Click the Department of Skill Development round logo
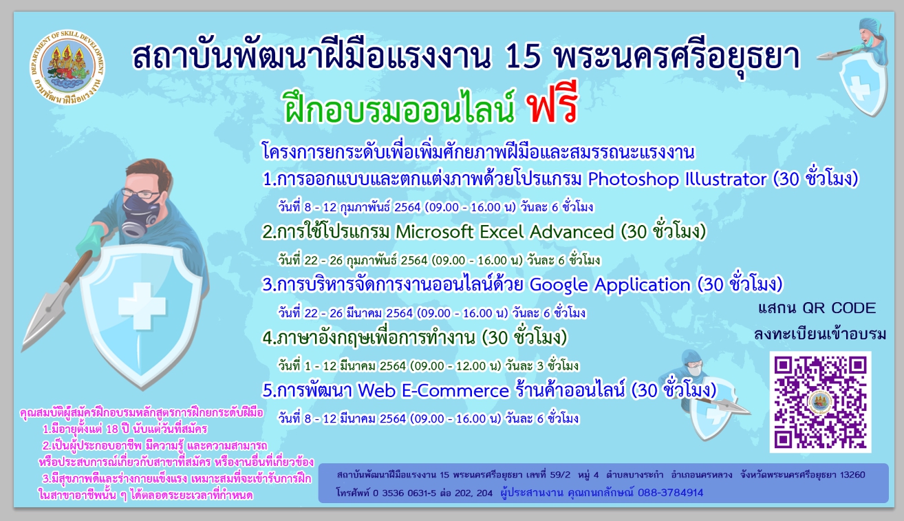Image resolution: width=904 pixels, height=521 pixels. [x=67, y=67]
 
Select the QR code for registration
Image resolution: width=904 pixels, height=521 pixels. [x=820, y=402]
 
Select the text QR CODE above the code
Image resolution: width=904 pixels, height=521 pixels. [x=839, y=308]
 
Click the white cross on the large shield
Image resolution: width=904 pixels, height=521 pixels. [x=142, y=306]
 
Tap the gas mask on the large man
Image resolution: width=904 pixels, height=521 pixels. [x=140, y=214]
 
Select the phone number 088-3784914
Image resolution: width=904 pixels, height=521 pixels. [x=670, y=493]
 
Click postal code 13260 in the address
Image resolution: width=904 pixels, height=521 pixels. [x=852, y=475]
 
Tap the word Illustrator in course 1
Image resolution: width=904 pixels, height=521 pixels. [x=726, y=179]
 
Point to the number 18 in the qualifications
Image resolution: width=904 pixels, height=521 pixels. [x=111, y=429]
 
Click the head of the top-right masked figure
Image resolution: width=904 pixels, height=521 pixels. [x=872, y=33]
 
